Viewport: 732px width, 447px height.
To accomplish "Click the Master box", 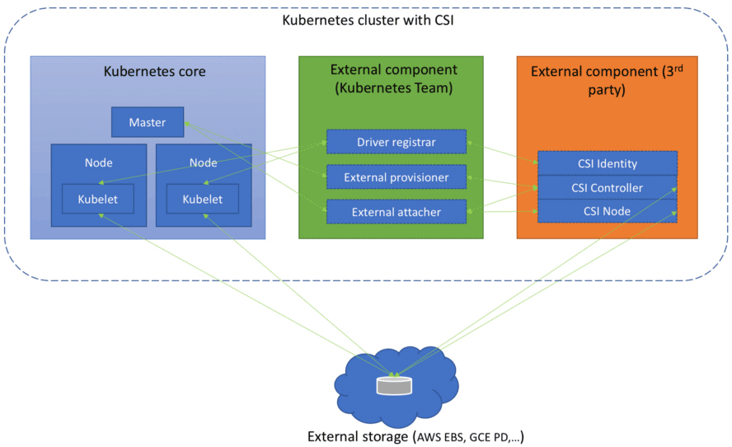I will click(148, 123).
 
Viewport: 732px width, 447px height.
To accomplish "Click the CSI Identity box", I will click(607, 163).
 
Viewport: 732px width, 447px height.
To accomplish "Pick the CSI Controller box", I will click(607, 187).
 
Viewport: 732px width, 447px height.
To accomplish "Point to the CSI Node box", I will click(607, 211).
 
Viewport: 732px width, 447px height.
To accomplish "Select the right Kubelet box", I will click(203, 199).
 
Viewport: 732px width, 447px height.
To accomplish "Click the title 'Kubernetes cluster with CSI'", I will click(368, 18).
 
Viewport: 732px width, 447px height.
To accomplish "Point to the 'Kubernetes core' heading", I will click(154, 72).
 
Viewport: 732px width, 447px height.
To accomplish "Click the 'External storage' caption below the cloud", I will click(358, 436).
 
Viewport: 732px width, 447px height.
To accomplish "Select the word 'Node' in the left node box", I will click(99, 162).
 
